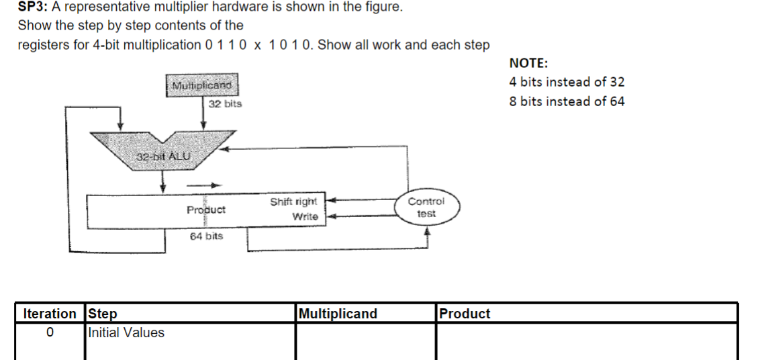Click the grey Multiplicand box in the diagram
click(202, 86)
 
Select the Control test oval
click(426, 208)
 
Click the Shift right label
click(293, 201)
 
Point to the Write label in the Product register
click(305, 216)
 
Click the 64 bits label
click(206, 236)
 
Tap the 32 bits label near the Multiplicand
click(225, 104)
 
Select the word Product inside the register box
click(206, 210)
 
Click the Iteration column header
click(50, 314)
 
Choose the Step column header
click(103, 314)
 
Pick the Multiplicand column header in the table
click(338, 314)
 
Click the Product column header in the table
click(464, 314)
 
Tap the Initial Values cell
click(126, 332)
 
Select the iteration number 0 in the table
click(50, 332)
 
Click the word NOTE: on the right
click(528, 63)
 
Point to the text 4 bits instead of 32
click(567, 82)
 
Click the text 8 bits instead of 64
click(567, 101)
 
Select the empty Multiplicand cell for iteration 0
click(365, 341)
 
